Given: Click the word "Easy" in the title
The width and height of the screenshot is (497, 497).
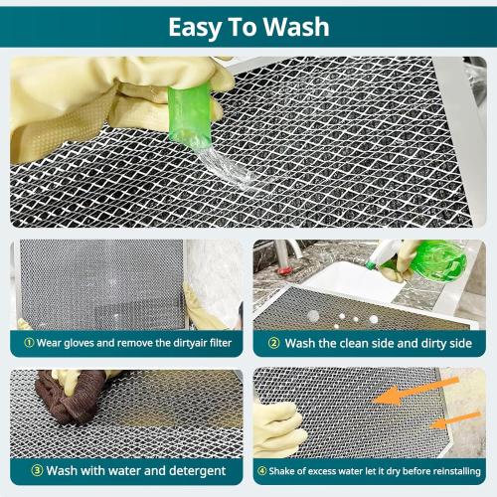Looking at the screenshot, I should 199,26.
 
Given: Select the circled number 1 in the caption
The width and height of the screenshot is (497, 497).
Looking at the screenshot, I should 28,343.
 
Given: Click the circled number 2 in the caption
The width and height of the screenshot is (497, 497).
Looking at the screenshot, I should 274,343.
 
